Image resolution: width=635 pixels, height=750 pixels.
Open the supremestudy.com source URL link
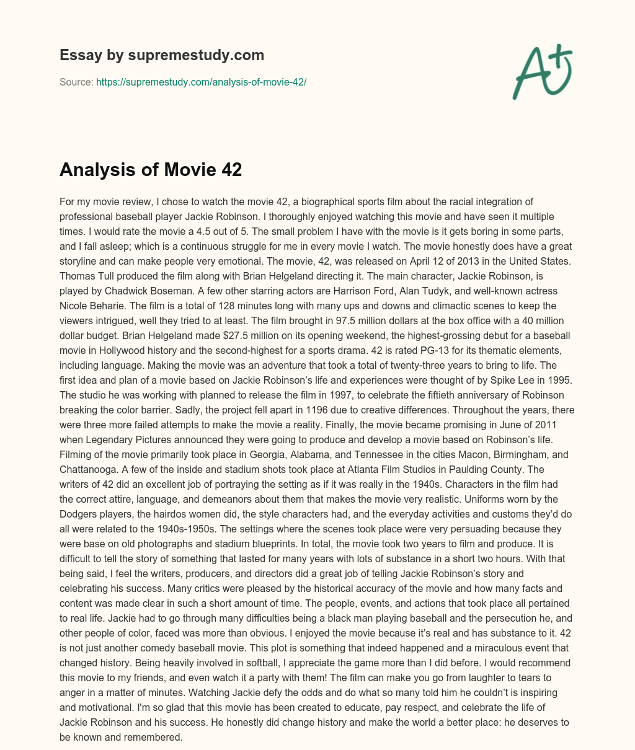[201, 82]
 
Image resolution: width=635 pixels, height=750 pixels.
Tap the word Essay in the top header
[78, 55]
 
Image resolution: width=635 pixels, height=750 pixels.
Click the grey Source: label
[76, 82]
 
